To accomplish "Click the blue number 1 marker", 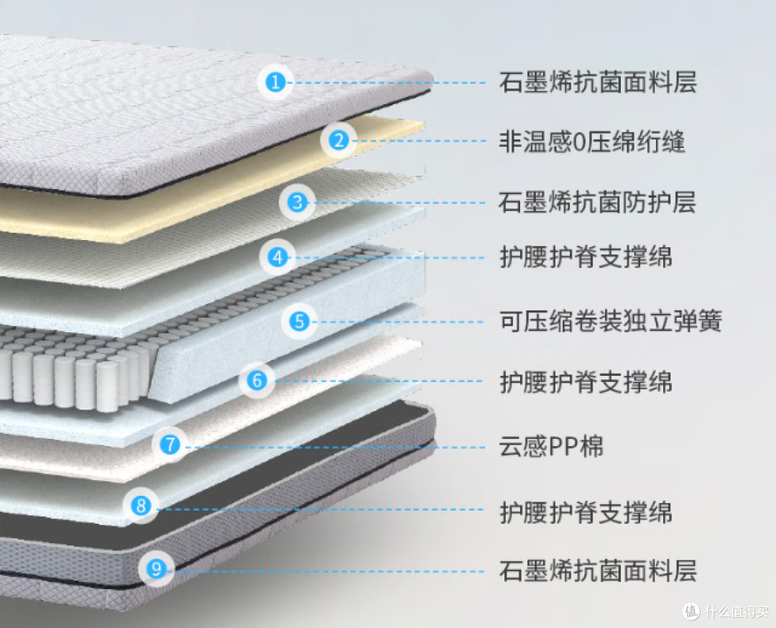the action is (x=276, y=82).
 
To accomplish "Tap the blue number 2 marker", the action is (x=339, y=140).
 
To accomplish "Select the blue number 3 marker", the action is (x=297, y=202).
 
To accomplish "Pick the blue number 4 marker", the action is (x=277, y=257).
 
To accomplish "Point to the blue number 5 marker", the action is (x=300, y=321).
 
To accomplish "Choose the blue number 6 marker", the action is (x=257, y=380).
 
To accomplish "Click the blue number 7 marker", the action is (x=170, y=444).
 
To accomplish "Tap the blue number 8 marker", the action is (x=141, y=505).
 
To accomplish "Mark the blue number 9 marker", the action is (x=157, y=568).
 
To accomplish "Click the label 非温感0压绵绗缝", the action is (x=592, y=142).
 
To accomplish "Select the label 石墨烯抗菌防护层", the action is (x=597, y=203).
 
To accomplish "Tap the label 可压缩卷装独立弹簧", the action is (x=611, y=320).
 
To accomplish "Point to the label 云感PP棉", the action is (x=551, y=446).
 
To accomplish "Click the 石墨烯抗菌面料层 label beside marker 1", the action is (x=598, y=82).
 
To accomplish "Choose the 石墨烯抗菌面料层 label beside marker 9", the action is (x=598, y=571).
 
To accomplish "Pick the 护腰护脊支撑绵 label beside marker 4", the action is (x=586, y=257).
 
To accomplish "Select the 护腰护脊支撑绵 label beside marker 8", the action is (x=586, y=512).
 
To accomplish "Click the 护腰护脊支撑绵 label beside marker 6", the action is (x=586, y=382).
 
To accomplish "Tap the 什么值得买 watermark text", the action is (x=737, y=611).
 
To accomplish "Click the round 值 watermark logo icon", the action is (x=692, y=611).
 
